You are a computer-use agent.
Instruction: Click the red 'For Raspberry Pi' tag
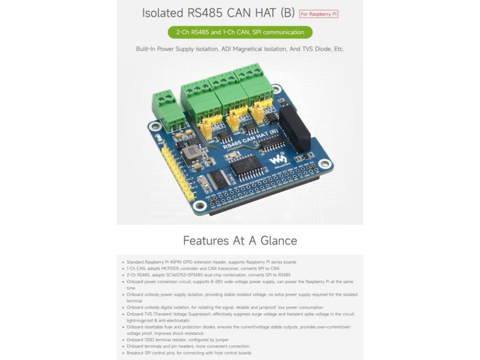tap(319, 14)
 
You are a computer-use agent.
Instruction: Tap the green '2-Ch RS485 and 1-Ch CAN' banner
tap(240, 32)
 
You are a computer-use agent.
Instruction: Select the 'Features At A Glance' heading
tap(240, 240)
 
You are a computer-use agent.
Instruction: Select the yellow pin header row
tap(176, 173)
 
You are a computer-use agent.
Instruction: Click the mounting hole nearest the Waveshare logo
tap(323, 164)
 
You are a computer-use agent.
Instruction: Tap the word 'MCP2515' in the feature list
tap(166, 269)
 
